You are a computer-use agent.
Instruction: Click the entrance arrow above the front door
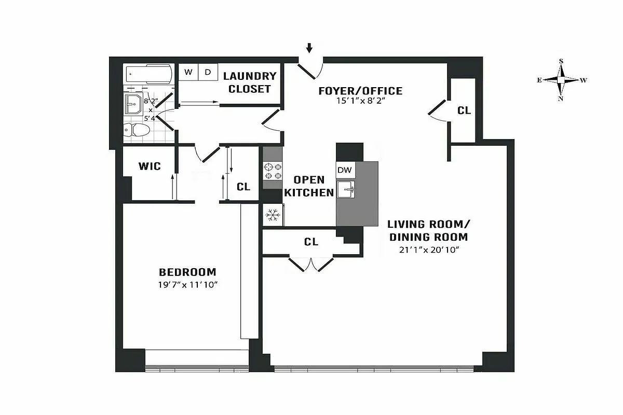point(310,48)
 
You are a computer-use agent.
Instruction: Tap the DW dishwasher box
point(344,170)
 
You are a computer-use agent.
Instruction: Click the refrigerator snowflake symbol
point(273,215)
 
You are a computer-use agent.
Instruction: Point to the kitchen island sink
point(346,189)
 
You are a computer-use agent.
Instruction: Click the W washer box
point(188,72)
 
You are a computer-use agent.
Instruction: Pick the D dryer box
point(207,72)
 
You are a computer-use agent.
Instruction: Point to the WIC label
point(149,167)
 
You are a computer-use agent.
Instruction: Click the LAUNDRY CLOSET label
point(250,82)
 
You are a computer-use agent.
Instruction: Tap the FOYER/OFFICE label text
point(360,91)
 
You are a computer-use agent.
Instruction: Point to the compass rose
point(561,80)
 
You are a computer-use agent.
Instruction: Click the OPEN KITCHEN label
point(309,186)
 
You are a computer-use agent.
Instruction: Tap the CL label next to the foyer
point(464,110)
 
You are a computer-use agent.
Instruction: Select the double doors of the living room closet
point(310,264)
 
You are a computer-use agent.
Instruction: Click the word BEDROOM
point(187,272)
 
